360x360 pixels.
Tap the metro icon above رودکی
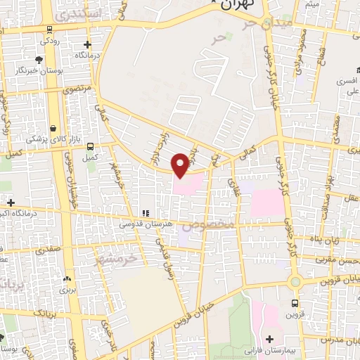tap(49, 30)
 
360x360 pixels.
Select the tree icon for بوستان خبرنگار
tap(38, 59)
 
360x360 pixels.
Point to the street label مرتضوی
tap(77, 90)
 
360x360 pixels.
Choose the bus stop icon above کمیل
tap(90, 146)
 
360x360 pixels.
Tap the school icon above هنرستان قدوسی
tap(145, 212)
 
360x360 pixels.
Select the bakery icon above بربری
tap(67, 278)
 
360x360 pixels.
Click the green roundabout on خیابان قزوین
tap(295, 283)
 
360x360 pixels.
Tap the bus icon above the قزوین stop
tap(295, 304)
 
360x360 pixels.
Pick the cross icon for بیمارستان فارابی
tap(269, 339)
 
